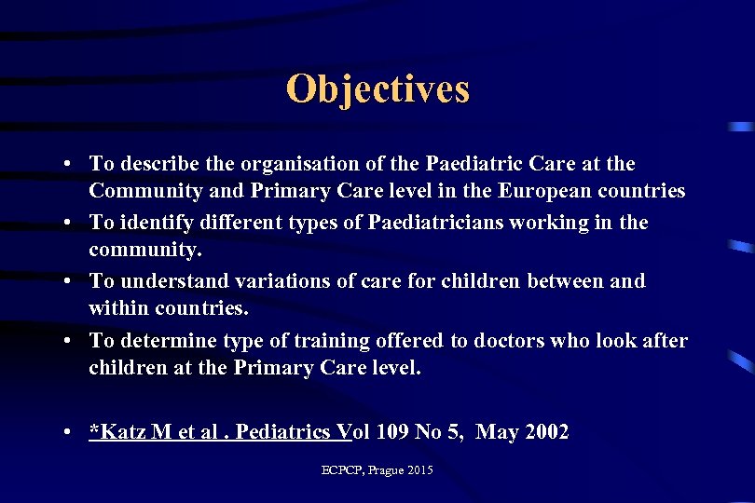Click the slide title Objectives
(x=377, y=89)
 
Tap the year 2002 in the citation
(x=545, y=431)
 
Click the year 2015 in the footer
(x=419, y=470)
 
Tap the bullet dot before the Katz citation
(x=70, y=432)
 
